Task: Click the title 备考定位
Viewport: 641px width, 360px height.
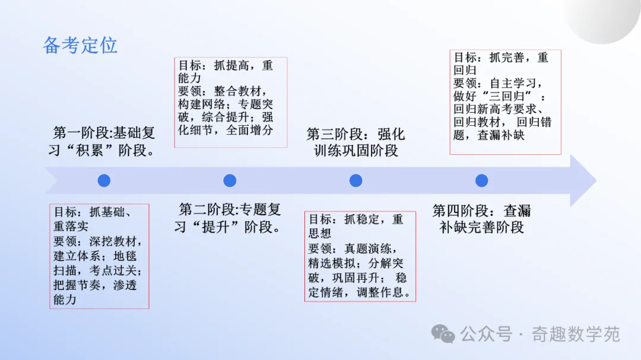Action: (x=80, y=45)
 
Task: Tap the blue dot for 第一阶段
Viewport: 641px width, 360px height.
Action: (x=104, y=181)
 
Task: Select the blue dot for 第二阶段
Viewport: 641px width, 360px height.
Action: (x=230, y=181)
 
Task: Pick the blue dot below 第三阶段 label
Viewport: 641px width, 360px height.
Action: (x=356, y=181)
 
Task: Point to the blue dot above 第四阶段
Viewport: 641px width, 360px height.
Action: (x=481, y=181)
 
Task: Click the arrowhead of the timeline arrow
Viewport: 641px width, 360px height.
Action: (x=583, y=181)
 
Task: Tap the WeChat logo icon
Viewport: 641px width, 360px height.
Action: (x=443, y=334)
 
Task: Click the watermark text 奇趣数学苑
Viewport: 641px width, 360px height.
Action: (x=576, y=334)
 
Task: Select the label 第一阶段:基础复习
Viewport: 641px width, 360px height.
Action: (x=102, y=141)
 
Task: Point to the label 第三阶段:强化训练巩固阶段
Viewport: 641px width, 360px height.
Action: (x=356, y=142)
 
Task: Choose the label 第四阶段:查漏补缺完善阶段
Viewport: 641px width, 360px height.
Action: (x=481, y=219)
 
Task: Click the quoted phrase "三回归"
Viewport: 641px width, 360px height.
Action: (x=507, y=97)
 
